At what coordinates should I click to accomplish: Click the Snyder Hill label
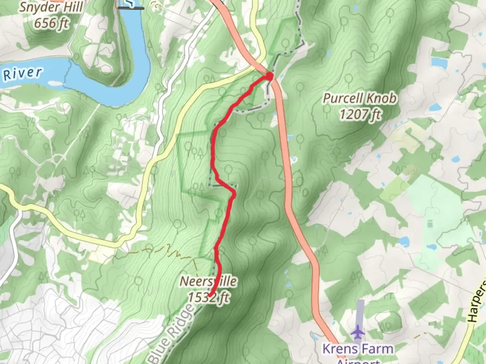[x=51, y=7]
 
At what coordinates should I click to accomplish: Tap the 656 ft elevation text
[x=51, y=23]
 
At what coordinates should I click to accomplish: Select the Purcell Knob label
[x=360, y=98]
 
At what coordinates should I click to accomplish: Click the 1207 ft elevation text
[x=360, y=115]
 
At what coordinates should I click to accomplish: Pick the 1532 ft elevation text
[x=208, y=297]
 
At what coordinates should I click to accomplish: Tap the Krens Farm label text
[x=358, y=349]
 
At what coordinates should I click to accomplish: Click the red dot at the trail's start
[x=270, y=76]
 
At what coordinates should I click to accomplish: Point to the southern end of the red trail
[x=210, y=296]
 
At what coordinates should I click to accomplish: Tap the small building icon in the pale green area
[x=430, y=223]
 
